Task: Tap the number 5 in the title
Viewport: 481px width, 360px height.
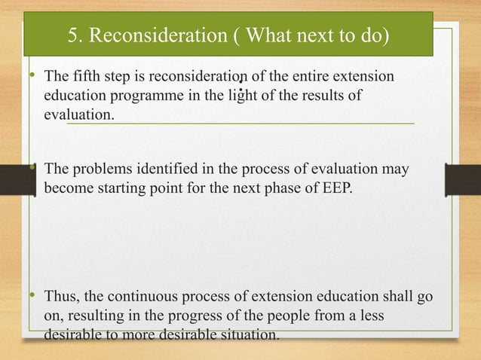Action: (72, 35)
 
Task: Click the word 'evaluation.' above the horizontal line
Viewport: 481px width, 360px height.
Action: (80, 113)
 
